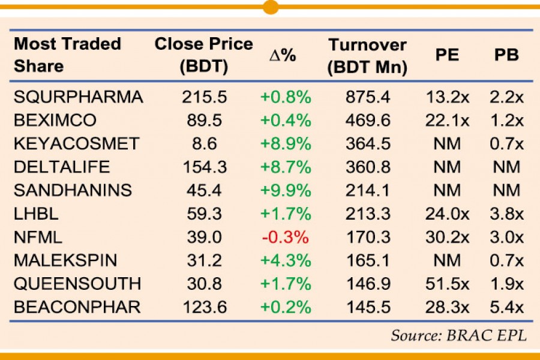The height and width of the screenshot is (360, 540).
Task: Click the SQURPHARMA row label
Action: (79, 97)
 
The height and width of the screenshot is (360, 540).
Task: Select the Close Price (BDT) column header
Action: (204, 55)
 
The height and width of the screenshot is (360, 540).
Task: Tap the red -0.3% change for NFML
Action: (285, 237)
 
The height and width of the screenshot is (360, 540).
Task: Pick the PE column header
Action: (446, 55)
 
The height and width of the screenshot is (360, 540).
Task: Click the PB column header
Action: (506, 55)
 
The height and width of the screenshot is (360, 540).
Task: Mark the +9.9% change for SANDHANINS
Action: (285, 190)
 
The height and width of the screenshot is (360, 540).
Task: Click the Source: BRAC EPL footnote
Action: (459, 335)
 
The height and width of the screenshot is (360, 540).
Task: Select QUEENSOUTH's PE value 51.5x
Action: (446, 284)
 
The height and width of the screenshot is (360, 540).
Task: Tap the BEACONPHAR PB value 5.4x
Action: (506, 307)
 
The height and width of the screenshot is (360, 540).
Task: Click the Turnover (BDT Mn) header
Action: (367, 55)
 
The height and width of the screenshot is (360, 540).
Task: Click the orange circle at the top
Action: (271, 7)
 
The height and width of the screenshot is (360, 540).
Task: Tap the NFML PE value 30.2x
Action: (446, 237)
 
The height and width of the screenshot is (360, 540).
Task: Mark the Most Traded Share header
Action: (67, 55)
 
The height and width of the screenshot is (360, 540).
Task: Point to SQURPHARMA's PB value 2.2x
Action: (506, 97)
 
